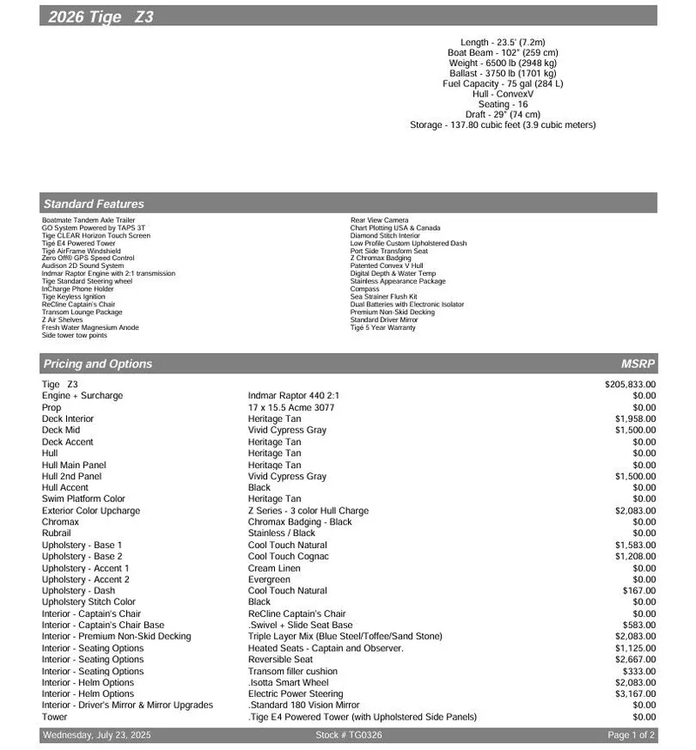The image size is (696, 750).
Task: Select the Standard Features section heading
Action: [x=94, y=204]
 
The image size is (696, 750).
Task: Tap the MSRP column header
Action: [x=638, y=364]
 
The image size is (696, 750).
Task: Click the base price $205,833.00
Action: [x=630, y=384]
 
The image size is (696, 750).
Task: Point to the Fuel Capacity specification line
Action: [x=503, y=84]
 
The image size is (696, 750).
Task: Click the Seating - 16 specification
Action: [x=503, y=104]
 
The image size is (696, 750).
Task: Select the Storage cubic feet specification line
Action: [x=503, y=125]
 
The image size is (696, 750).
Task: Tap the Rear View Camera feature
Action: [x=379, y=220]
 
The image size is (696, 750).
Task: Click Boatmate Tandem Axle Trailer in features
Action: [x=89, y=220]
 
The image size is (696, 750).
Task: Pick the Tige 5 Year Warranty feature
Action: [x=383, y=328]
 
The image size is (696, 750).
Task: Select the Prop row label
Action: [x=51, y=407]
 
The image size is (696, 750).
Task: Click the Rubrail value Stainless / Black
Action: [x=282, y=533]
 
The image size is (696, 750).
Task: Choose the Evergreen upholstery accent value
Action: [x=269, y=579]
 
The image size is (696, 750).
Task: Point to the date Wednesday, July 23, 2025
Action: [x=97, y=736]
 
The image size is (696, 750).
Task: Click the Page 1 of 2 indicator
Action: [x=632, y=736]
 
